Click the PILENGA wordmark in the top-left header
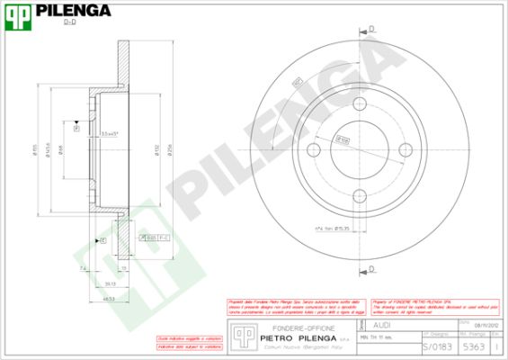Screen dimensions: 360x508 click(73, 11)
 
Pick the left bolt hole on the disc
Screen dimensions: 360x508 click(315, 148)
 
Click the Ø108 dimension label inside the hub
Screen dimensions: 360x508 click(343, 139)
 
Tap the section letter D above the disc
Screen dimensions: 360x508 click(372, 30)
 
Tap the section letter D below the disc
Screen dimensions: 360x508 click(372, 267)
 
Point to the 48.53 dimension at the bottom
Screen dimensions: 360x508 click(108, 298)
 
